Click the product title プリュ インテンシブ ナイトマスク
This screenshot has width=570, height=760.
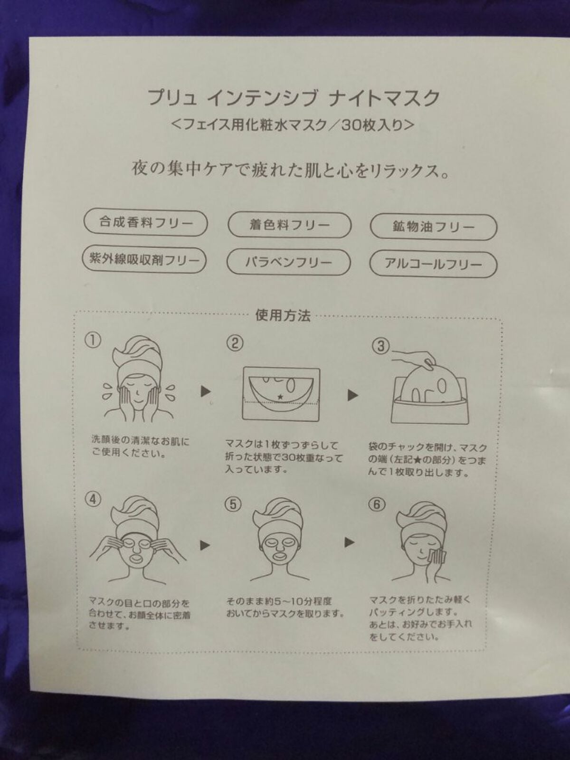(294, 97)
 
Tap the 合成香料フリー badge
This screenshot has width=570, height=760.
(146, 223)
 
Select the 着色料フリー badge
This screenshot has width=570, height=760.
(289, 225)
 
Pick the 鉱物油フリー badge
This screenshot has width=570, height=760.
(433, 227)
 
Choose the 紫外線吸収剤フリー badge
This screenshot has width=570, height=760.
(144, 260)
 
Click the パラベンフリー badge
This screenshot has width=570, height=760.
(289, 262)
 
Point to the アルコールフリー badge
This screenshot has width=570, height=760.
(433, 265)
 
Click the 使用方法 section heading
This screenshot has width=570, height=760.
(283, 315)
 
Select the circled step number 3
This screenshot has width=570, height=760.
(380, 346)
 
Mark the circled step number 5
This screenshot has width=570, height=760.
(234, 505)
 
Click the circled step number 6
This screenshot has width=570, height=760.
(377, 505)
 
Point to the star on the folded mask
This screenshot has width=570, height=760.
(280, 397)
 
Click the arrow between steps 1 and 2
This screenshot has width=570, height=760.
(206, 391)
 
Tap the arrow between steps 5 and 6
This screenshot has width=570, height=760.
(350, 542)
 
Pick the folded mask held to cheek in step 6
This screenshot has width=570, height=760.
(437, 558)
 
